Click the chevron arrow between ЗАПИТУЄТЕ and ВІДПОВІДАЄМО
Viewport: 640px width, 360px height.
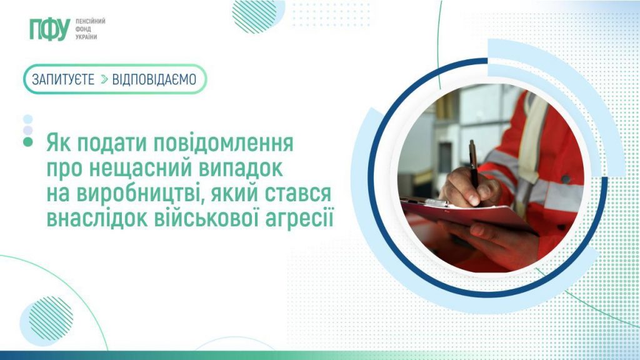click(104, 79)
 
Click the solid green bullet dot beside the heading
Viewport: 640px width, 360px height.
click(27, 143)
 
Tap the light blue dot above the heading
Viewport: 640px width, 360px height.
click(27, 119)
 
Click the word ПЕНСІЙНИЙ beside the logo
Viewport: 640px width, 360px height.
click(90, 21)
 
